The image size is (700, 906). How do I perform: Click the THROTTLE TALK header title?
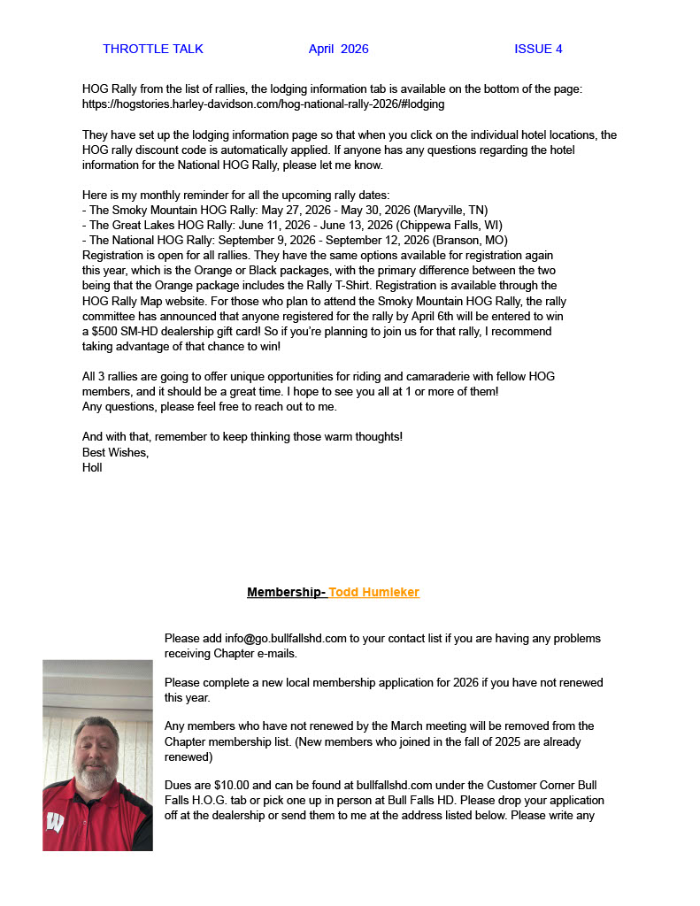click(153, 49)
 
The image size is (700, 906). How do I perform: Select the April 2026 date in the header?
click(338, 49)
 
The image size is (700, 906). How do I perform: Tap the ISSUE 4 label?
click(538, 49)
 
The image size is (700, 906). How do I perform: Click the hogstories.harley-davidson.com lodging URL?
click(263, 104)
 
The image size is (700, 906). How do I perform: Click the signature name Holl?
click(92, 467)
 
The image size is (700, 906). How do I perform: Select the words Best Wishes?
click(115, 452)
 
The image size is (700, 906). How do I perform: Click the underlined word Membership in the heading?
click(285, 592)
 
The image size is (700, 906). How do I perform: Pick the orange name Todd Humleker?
click(374, 592)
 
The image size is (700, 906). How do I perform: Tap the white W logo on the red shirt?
click(55, 823)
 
